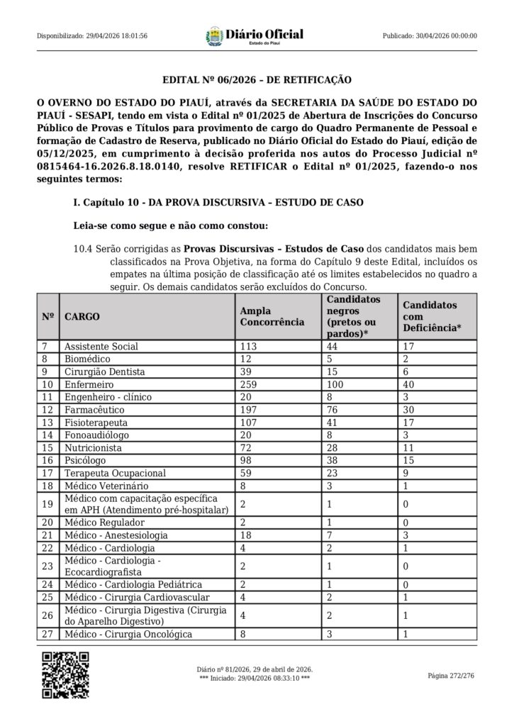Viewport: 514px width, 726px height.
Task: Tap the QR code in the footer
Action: [64, 674]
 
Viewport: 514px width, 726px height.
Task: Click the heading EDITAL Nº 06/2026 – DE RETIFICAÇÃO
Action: [257, 81]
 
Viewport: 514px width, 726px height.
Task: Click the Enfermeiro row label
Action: [90, 384]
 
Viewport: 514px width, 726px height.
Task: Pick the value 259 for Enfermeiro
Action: [249, 384]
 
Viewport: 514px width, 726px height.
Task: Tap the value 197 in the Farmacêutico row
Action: [249, 410]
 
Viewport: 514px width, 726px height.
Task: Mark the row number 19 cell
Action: [48, 505]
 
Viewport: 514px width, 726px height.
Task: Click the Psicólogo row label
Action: [87, 461]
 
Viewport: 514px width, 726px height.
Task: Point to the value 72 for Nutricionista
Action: [246, 448]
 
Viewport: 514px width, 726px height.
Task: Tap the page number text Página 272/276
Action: [451, 676]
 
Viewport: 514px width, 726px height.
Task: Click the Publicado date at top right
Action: [430, 36]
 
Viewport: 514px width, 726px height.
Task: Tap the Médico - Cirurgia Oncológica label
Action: [128, 635]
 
